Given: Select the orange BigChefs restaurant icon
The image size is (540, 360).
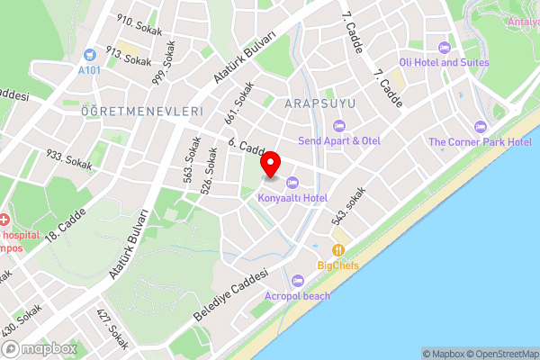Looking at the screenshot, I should (x=338, y=250).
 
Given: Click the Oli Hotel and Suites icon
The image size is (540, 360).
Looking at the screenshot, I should (x=443, y=47).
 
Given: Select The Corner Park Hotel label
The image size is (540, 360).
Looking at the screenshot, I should (x=480, y=142).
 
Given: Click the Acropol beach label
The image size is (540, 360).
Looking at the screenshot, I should (x=297, y=295).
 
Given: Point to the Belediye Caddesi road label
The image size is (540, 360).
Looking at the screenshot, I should (x=231, y=297).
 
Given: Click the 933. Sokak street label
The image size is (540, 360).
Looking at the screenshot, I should (x=68, y=159).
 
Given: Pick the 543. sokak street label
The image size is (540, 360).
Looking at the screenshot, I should (x=348, y=206).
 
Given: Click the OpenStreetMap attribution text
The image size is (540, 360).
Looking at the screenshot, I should (x=500, y=354).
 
